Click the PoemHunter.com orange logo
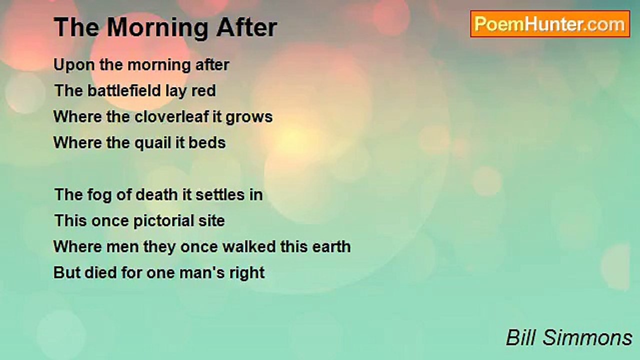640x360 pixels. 550,24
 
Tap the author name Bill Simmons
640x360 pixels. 569,337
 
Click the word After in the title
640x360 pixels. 246,27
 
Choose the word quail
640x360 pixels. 152,143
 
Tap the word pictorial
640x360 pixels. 163,221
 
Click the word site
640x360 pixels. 211,220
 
